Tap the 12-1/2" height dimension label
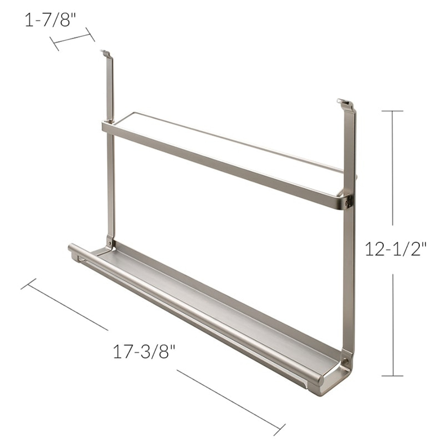(x=395, y=249)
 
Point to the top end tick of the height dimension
(x=392, y=111)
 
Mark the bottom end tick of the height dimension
(x=392, y=376)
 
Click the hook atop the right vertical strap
(x=344, y=102)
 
